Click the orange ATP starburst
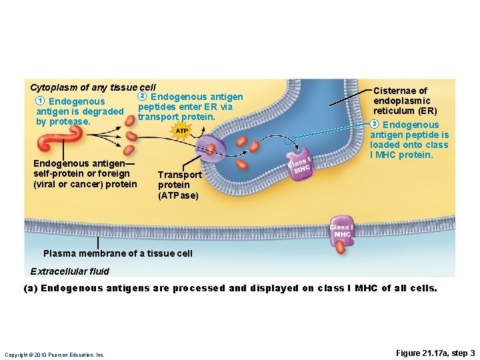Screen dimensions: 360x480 181,131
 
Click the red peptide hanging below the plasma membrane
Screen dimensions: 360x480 341,247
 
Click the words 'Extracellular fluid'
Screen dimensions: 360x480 69,271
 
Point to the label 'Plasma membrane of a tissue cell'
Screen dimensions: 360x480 117,253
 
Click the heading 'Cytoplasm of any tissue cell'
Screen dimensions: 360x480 93,87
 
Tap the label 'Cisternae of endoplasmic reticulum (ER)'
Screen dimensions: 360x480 405,100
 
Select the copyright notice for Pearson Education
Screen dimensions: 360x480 54,355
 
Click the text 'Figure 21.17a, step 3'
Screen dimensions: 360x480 435,353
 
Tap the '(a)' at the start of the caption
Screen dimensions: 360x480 31,288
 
